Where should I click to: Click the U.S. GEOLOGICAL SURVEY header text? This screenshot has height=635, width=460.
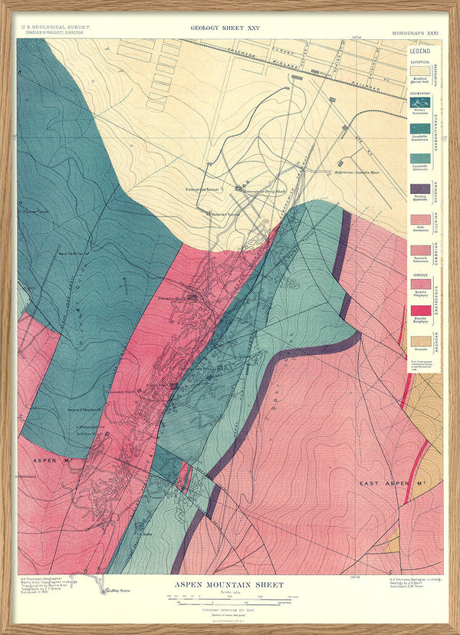pos(48,27)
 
